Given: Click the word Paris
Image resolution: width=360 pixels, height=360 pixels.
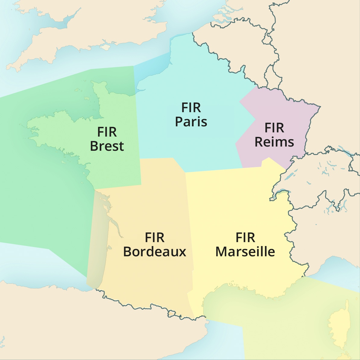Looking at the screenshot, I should click(x=191, y=122).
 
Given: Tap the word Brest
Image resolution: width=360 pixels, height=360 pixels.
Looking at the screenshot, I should click(x=107, y=146).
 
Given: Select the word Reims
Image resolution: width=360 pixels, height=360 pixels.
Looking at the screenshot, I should click(x=274, y=142).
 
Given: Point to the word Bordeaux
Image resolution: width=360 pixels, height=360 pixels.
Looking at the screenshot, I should click(x=155, y=252).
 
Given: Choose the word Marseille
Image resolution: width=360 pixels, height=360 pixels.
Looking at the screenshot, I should click(x=245, y=252).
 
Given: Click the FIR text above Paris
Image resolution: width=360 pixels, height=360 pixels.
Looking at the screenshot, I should click(x=191, y=108).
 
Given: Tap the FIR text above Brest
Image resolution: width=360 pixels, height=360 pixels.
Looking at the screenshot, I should click(x=107, y=132).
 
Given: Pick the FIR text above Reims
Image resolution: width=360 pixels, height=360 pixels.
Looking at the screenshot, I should click(x=274, y=128).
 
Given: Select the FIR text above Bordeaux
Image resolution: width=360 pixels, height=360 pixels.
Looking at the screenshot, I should click(x=155, y=238).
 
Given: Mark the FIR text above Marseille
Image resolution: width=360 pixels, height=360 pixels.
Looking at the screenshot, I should click(x=245, y=238).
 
